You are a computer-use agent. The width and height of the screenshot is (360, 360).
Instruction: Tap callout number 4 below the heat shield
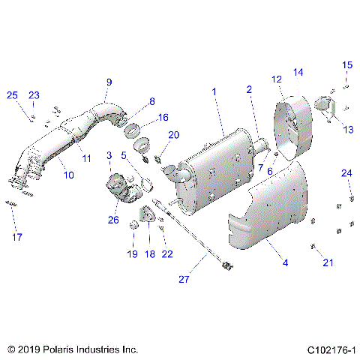pyautogui.click(x=284, y=262)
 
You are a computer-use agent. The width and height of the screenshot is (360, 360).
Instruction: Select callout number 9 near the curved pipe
pyautogui.click(x=109, y=81)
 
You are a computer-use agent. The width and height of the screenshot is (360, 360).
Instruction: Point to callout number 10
pyautogui.click(x=69, y=175)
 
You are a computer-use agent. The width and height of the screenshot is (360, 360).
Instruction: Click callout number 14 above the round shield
pyautogui.click(x=298, y=72)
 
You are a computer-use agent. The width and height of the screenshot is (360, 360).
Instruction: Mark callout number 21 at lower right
pyautogui.click(x=327, y=262)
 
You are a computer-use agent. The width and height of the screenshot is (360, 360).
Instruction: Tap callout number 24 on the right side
pyautogui.click(x=346, y=173)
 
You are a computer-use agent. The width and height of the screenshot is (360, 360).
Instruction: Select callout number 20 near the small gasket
pyautogui.click(x=173, y=135)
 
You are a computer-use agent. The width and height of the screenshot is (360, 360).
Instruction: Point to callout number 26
pyautogui.click(x=113, y=220)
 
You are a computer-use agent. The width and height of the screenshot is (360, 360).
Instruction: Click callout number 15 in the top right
pyautogui.click(x=346, y=65)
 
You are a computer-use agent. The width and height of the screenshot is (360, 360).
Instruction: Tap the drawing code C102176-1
pyautogui.click(x=331, y=349)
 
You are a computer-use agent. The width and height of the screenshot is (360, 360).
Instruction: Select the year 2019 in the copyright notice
pyautogui.click(x=25, y=349)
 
